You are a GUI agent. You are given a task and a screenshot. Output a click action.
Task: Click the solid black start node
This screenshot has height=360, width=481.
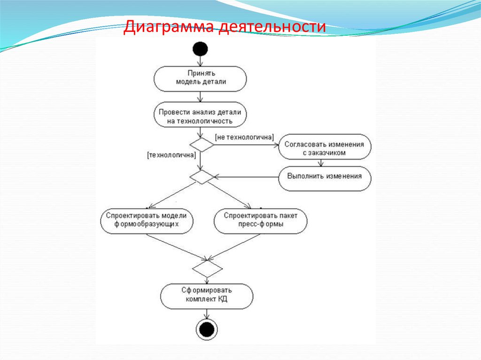tap(200, 49)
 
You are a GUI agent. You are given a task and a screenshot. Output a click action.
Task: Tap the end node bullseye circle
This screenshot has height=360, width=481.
tap(207, 329)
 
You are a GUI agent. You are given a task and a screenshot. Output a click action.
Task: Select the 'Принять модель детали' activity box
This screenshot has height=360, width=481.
tap(200, 79)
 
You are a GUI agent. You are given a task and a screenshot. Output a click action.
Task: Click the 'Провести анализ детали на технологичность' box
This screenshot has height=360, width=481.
tap(200, 115)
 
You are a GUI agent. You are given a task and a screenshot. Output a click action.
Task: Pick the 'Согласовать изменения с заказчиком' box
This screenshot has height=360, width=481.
tap(325, 146)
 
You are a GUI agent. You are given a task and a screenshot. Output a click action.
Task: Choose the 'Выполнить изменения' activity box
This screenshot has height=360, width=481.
tap(325, 178)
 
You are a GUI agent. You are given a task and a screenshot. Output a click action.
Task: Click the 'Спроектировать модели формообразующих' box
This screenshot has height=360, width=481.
tap(147, 222)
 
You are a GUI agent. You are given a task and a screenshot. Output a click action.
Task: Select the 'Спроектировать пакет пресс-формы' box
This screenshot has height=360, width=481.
tap(260, 222)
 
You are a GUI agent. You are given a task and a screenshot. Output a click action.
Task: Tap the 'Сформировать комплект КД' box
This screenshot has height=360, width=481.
tap(207, 296)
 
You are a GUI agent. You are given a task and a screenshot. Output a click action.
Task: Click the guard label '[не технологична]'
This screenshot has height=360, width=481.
tap(244, 137)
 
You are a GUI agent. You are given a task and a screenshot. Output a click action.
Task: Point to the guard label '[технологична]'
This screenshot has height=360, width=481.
tap(171, 155)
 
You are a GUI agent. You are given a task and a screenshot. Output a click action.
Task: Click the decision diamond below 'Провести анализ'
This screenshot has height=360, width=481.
tap(202, 145)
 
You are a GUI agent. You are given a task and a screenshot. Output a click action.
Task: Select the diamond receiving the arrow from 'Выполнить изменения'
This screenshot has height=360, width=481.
tap(202, 177)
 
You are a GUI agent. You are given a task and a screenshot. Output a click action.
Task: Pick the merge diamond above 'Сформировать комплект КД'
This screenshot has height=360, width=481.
tap(207, 268)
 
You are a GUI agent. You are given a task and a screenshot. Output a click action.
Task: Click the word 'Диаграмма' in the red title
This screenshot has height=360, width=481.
tap(168, 27)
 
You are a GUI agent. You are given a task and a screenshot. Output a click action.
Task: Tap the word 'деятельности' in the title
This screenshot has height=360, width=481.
tap(272, 26)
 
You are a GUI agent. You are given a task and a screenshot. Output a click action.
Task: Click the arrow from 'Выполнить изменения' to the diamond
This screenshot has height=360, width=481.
tap(246, 177)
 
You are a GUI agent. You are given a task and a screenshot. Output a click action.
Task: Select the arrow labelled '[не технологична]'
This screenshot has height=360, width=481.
tap(246, 145)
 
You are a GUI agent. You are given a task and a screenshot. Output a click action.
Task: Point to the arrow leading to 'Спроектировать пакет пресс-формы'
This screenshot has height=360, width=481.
tap(229, 195)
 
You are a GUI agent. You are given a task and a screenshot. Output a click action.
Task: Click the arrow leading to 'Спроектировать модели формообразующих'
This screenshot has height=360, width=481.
tap(172, 195)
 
